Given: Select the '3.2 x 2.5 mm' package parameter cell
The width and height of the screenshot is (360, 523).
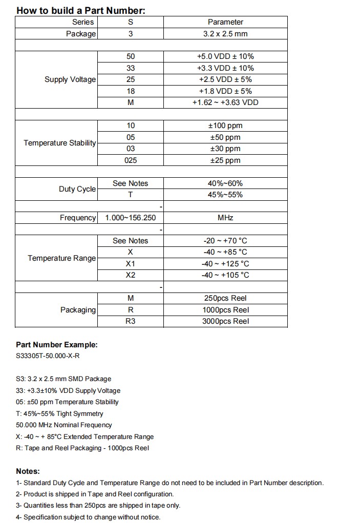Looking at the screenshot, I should [x=225, y=34].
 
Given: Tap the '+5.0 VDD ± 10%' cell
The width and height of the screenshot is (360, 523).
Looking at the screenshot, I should [x=225, y=57].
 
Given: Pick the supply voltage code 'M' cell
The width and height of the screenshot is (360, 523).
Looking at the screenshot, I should [x=131, y=102].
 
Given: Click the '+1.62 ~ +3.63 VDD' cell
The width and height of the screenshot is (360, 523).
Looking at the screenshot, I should [x=225, y=102].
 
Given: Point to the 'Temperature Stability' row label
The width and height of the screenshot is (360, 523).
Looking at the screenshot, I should [x=59, y=143].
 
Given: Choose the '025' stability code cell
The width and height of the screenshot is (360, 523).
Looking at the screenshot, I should [x=131, y=160].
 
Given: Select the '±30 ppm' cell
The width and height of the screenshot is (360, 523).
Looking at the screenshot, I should [x=225, y=149].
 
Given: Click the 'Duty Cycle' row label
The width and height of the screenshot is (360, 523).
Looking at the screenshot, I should [x=77, y=189].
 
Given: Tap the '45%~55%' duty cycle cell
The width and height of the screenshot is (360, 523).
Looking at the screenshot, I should [x=225, y=195].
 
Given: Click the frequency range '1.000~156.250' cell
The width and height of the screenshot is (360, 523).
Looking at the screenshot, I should [x=131, y=218].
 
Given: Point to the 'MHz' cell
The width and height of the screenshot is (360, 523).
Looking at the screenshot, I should [x=225, y=218].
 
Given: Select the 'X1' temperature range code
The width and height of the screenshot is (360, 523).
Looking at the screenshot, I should [x=131, y=264].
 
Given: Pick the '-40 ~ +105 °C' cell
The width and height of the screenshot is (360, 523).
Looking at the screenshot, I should [x=225, y=275].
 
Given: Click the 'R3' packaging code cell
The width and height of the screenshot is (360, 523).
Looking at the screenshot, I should [x=131, y=321].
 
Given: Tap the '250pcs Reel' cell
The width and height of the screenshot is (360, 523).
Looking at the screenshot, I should [x=225, y=298].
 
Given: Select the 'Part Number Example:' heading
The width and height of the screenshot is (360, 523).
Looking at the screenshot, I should [x=56, y=345].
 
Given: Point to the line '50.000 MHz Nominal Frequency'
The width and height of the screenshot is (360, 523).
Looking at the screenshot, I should [x=64, y=425].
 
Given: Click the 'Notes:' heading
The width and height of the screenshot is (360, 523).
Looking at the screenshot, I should [x=28, y=471].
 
